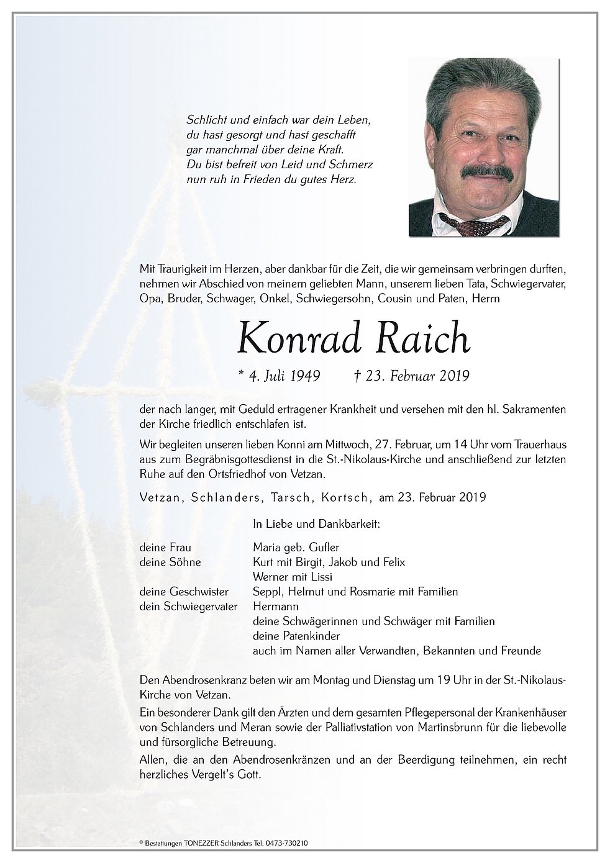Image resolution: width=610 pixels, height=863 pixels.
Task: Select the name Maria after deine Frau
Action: pyautogui.click(x=267, y=547)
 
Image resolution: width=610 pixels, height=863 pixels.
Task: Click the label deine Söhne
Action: pyautogui.click(x=163, y=562)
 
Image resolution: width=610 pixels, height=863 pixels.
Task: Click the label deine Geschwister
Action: pyautogui.click(x=176, y=592)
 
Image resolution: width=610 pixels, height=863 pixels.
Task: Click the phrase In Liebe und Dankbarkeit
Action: pyautogui.click(x=316, y=524)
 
